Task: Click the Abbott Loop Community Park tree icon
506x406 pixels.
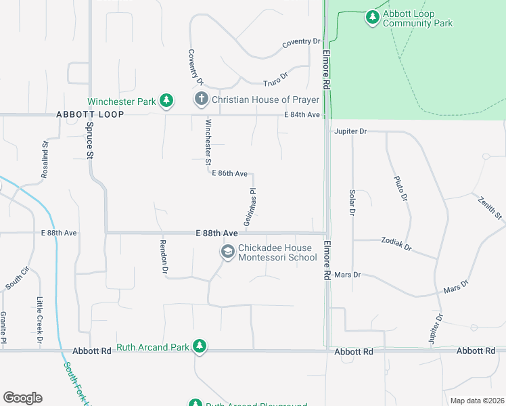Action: (372, 18)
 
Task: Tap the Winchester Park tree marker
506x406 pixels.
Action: (166, 101)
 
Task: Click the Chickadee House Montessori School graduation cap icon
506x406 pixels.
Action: (227, 252)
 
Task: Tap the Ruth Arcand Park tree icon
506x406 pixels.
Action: (199, 346)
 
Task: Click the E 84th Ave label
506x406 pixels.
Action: (302, 115)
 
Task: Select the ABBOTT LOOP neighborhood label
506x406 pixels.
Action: (90, 114)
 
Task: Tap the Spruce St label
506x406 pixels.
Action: (89, 140)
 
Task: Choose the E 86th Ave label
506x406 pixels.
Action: (229, 174)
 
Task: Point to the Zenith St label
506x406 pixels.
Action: (490, 208)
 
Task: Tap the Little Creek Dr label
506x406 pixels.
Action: (39, 320)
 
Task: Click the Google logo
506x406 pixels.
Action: (22, 398)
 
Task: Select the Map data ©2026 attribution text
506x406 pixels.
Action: (476, 401)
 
